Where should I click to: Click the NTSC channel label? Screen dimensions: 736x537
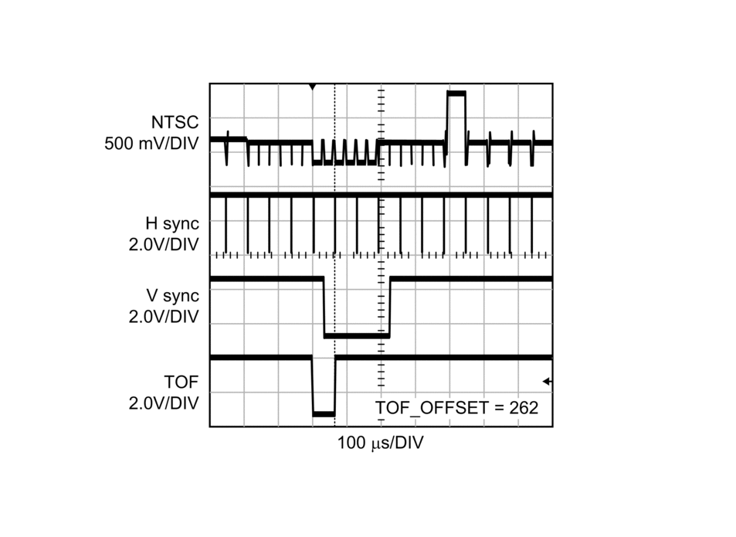tap(175, 123)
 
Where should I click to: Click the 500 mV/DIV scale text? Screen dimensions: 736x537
tap(151, 144)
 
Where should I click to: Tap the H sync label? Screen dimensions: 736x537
tap(172, 224)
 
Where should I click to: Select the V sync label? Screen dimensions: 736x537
tap(173, 296)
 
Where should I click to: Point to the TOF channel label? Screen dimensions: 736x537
tap(181, 382)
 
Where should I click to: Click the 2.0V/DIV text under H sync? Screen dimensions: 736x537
tap(164, 245)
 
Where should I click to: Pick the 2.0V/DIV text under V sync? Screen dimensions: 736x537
tap(164, 317)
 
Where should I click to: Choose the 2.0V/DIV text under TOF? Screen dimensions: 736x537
tap(164, 403)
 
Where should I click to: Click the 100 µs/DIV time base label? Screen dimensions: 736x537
tap(380, 443)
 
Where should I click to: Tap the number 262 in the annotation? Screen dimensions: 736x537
tap(524, 408)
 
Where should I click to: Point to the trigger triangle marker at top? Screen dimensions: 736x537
tap(313, 87)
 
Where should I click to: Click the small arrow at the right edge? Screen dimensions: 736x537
tap(547, 382)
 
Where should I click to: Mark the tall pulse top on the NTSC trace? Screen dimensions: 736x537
tap(456, 93)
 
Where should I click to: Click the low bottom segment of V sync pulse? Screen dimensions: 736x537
tap(357, 335)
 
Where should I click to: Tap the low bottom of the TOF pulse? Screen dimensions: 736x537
tap(324, 413)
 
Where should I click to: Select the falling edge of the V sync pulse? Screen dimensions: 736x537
tap(324, 308)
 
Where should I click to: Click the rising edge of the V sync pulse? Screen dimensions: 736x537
tap(390, 308)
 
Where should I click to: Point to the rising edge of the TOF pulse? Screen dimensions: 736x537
tap(335, 386)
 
